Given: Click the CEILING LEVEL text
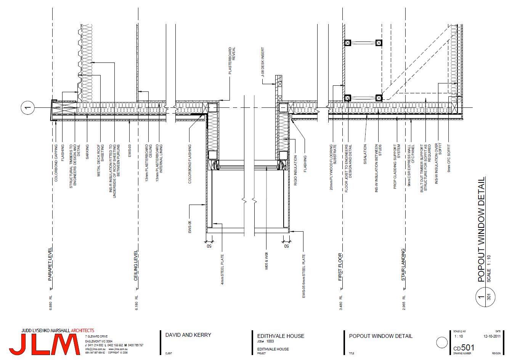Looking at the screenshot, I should pos(136,266).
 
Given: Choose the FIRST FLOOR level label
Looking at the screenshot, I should pos(341,267).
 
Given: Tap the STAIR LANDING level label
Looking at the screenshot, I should pos(403,265).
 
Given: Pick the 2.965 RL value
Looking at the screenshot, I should pos(403,302).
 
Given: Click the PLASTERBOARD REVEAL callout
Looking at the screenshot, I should pos(232,61).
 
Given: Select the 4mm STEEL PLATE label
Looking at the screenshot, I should pos(223,270).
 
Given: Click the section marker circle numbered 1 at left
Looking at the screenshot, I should pos(27,109).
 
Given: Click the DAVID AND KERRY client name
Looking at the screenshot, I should pos(188,336).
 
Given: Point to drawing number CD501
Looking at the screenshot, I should pos(464,347).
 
